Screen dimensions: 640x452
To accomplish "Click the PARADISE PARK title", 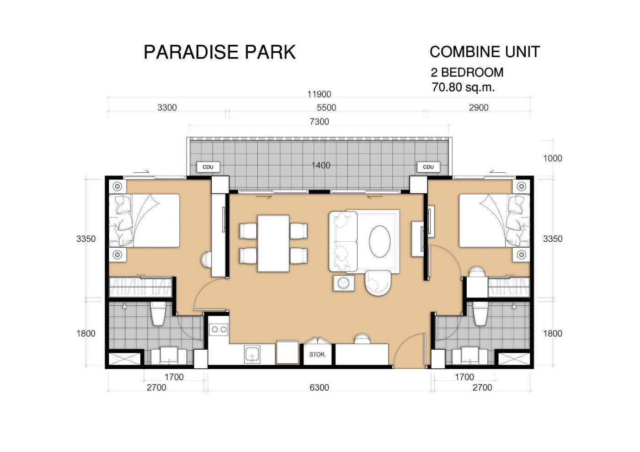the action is tap(219, 52).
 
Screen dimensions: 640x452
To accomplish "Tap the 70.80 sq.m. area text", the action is tap(463, 87).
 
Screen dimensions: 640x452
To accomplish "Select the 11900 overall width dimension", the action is tap(319, 94).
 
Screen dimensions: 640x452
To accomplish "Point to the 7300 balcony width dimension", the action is tap(320, 122).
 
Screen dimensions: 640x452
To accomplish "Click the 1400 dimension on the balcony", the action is tap(321, 165).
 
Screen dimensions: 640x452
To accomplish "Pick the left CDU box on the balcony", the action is tap(208, 167).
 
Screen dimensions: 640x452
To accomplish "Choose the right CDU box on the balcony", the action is tap(428, 167).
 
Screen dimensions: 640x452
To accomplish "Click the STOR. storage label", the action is tap(317, 355).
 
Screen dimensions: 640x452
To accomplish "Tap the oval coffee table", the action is tap(380, 241).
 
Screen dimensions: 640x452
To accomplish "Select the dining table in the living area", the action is tap(273, 243).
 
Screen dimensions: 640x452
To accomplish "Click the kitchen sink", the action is tap(252, 355).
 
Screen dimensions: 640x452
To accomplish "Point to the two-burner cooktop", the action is tap(219, 330).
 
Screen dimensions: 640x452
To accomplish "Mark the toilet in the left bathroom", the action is tap(158, 314).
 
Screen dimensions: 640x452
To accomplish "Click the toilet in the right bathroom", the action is tap(480, 314).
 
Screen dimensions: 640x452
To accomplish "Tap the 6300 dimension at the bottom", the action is tap(320, 388).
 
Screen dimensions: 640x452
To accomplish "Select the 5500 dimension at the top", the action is tap(326, 108).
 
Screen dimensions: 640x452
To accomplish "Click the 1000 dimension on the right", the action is tap(553, 158).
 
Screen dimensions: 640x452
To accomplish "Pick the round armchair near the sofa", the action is tap(378, 283).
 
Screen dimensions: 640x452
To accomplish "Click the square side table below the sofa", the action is tap(344, 283).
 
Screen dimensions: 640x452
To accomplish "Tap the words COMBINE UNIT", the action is tap(485, 52).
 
